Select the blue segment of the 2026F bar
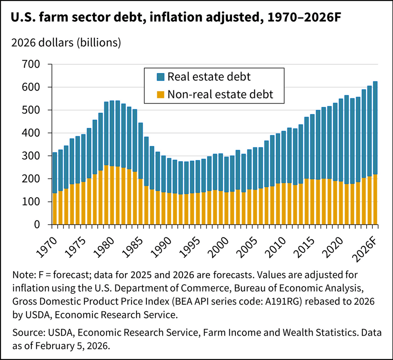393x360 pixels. coord(375,128)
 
